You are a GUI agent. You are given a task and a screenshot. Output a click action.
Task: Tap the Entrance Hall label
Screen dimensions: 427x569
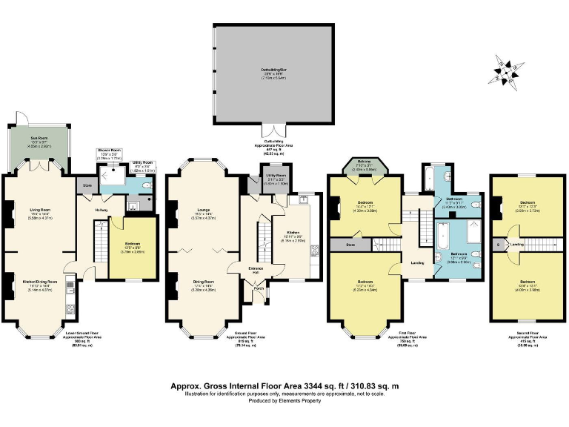pyautogui.click(x=253, y=270)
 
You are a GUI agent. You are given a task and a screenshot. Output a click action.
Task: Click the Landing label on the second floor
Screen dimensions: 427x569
pyautogui.click(x=519, y=244)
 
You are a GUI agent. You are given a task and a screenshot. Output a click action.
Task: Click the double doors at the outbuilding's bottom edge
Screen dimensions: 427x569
pyautogui.click(x=273, y=130)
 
